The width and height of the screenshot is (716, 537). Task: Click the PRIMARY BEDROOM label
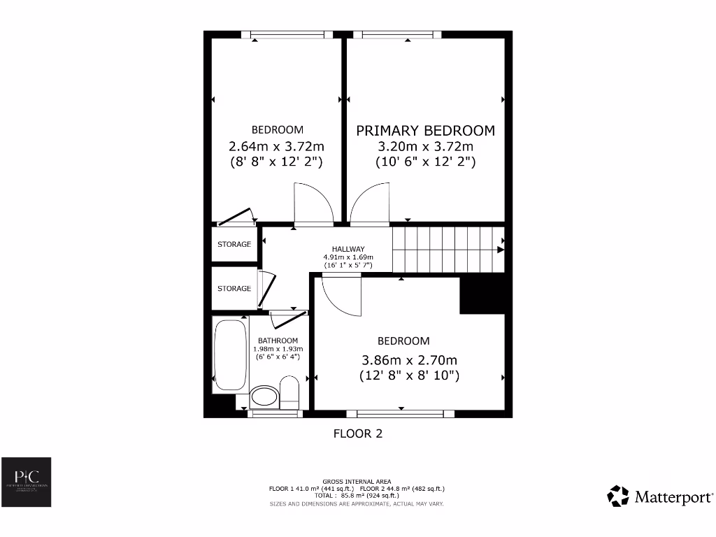point(425,131)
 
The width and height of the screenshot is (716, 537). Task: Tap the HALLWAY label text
point(348,249)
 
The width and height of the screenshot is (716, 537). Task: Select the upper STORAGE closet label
point(234,245)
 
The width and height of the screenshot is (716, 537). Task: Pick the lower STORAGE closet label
point(234,289)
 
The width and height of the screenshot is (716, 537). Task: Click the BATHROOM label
point(278,341)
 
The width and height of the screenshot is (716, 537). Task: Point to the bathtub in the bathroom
point(230,357)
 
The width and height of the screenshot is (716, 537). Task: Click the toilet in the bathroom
point(289,393)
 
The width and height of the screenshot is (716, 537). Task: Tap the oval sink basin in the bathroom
point(264,397)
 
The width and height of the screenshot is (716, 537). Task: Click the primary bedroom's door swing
point(369,205)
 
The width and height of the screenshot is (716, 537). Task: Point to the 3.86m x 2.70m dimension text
point(409,361)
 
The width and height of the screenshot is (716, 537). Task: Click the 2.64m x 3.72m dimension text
point(276,147)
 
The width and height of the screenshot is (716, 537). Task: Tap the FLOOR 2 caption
point(357,434)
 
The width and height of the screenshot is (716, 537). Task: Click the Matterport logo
point(660,496)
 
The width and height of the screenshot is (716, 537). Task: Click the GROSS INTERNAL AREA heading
point(357,482)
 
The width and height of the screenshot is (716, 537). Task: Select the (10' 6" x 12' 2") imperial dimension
point(425,162)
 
